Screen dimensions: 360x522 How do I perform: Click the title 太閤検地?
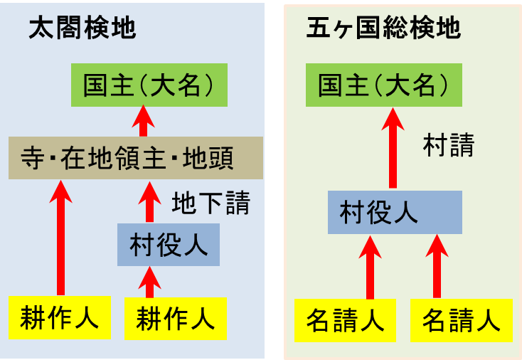[82, 29]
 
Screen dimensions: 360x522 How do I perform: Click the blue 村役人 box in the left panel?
[169, 245]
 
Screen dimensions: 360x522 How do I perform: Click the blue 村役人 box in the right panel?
[395, 213]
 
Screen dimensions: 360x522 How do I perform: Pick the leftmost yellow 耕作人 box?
[60, 317]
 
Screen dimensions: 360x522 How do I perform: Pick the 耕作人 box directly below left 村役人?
[176, 317]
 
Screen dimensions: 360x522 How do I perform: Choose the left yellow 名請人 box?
[346, 321]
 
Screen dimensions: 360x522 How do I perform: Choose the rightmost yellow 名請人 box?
[462, 321]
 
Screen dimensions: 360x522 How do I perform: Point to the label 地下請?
[211, 203]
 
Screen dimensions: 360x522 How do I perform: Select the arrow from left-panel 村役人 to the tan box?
[149, 203]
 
